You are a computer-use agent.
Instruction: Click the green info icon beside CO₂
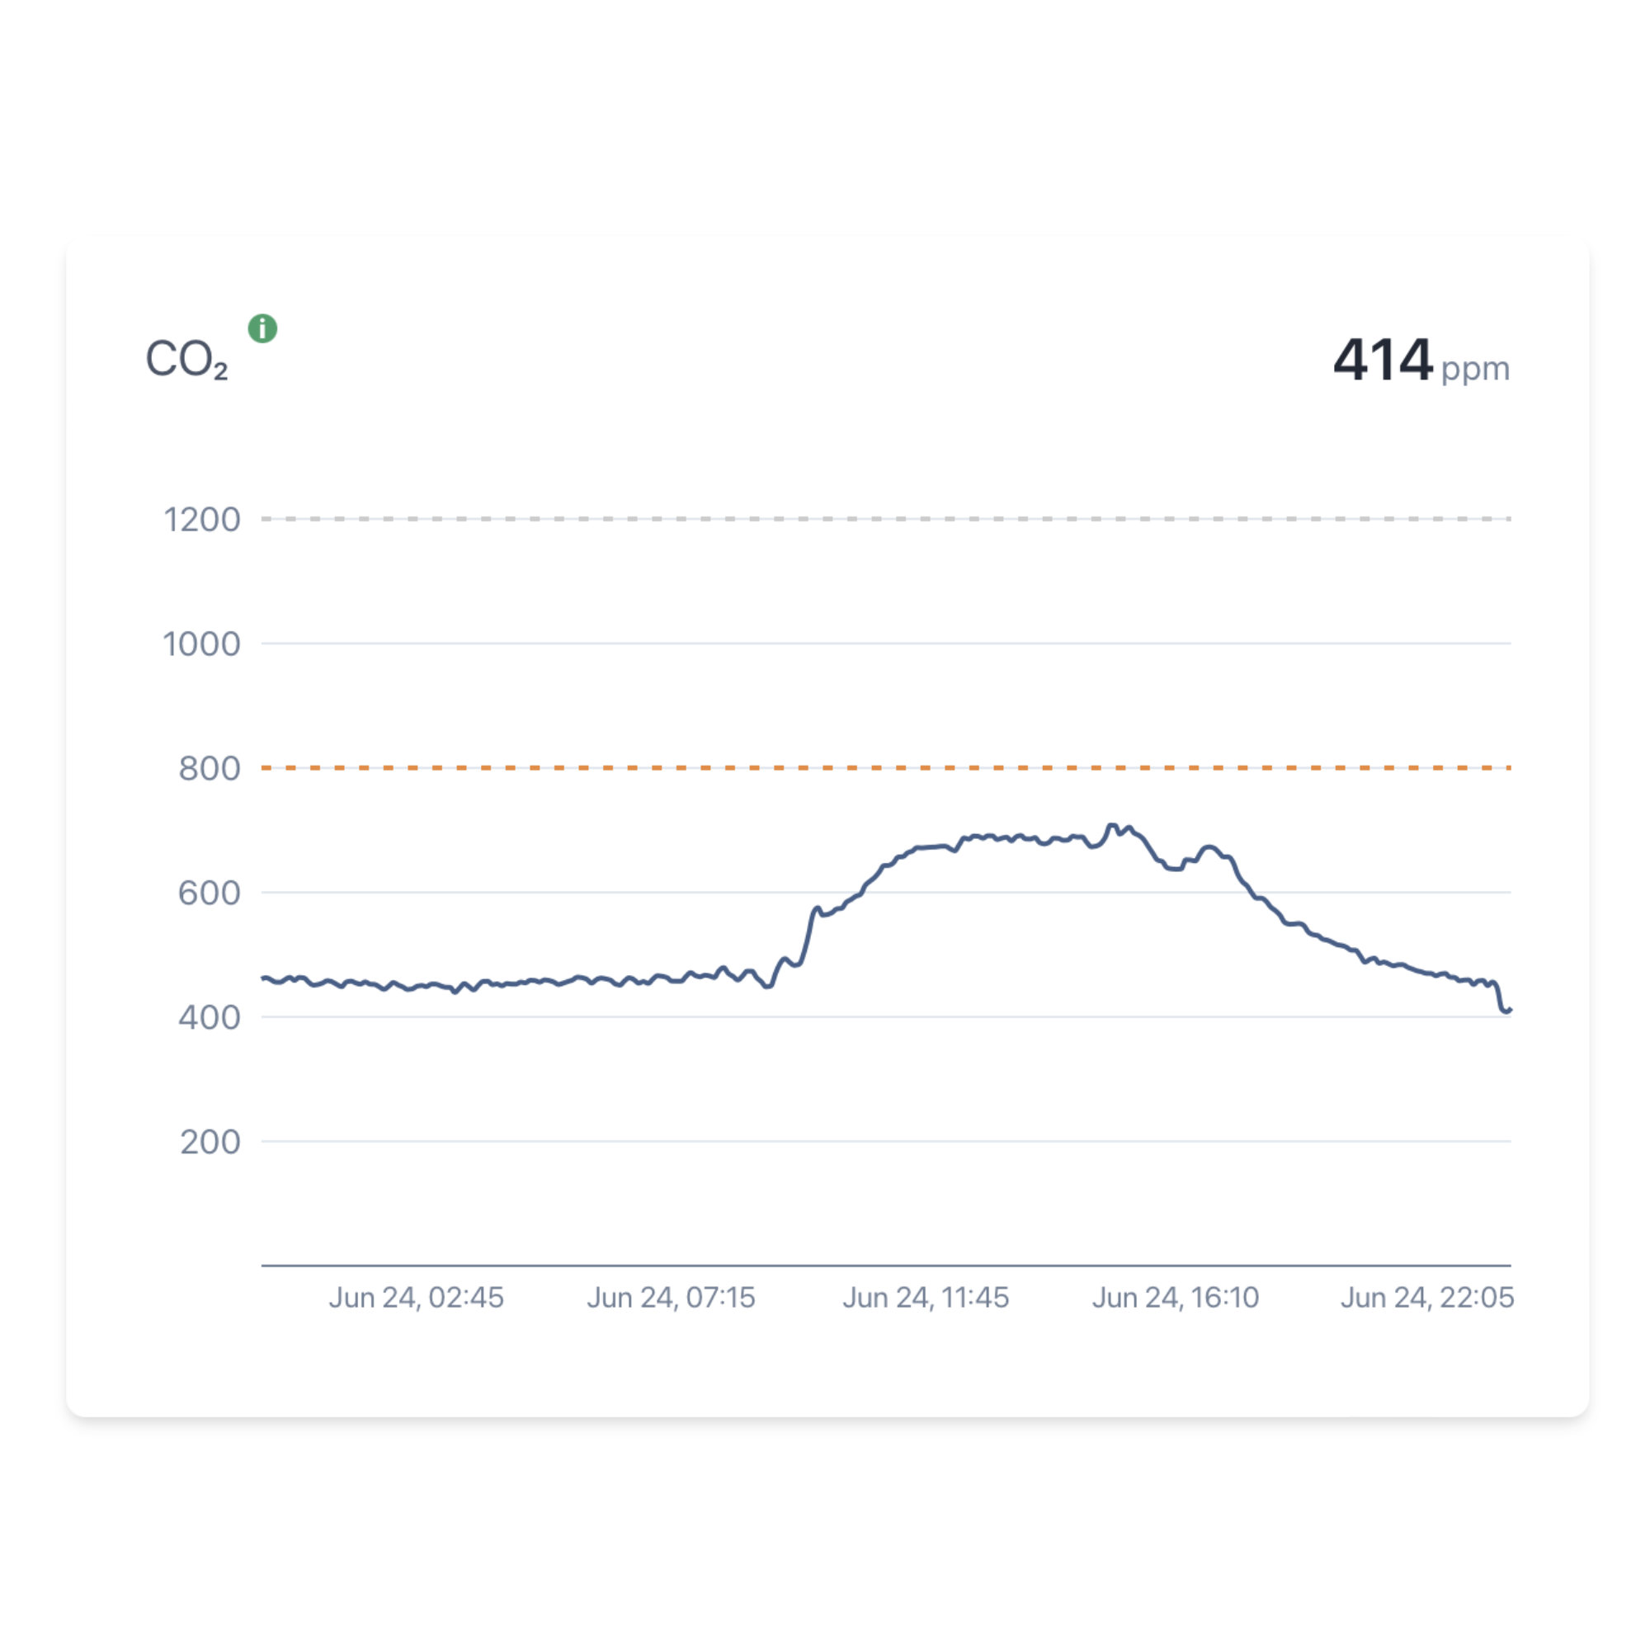tap(262, 328)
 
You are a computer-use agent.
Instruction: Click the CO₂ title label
tap(186, 359)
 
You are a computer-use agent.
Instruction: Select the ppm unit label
tap(1475, 369)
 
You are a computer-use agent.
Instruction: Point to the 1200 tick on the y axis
tap(201, 519)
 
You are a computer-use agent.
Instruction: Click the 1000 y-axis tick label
tap(201, 644)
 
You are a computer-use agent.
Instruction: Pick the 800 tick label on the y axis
tap(210, 769)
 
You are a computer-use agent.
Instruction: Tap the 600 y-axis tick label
tap(210, 893)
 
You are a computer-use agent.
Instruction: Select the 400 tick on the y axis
tap(210, 1017)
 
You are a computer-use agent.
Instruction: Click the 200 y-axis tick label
tap(210, 1142)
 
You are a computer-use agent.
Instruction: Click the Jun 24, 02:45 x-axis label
tap(416, 1297)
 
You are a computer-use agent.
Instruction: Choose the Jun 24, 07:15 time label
tap(671, 1297)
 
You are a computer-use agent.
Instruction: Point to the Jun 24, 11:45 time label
tap(926, 1297)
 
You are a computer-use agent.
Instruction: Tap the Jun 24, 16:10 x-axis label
tap(1175, 1297)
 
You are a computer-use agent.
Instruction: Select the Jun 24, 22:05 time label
tap(1426, 1297)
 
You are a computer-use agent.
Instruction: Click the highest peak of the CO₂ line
tap(1111, 825)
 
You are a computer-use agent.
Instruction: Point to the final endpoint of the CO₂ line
tap(1510, 1010)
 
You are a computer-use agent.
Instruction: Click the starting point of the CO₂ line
tap(263, 978)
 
